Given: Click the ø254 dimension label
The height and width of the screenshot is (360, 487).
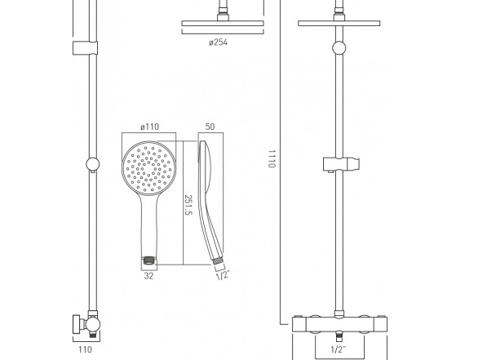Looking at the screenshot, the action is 218,42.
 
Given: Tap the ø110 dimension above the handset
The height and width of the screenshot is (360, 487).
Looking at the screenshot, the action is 149,127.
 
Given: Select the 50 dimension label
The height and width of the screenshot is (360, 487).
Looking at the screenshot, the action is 210,127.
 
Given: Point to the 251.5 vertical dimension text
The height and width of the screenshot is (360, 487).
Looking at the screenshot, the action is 188,205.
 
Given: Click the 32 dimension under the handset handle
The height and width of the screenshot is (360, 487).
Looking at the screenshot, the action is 148,276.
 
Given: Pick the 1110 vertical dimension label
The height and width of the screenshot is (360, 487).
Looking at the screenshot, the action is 272,158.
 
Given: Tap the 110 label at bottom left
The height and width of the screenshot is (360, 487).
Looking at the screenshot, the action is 85,349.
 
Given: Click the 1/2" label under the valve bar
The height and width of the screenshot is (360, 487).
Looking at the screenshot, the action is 339,349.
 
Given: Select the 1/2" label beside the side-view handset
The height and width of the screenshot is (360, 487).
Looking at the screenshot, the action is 223,275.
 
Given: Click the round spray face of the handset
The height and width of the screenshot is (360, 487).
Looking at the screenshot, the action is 149,168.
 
